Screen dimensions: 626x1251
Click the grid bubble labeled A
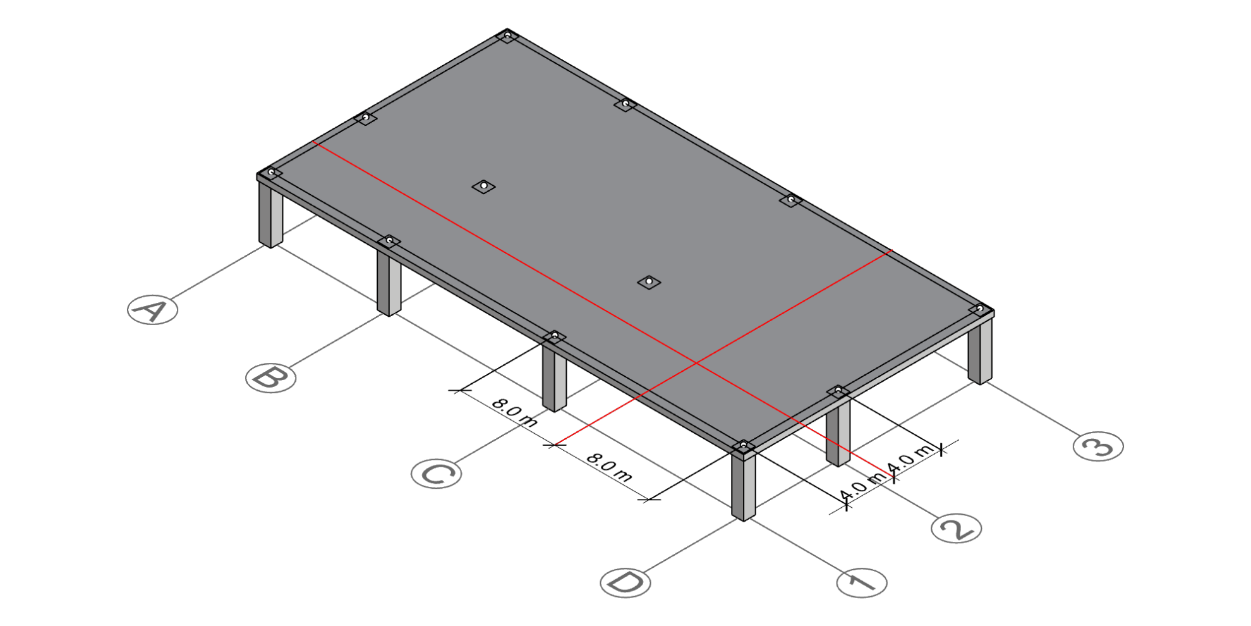153,310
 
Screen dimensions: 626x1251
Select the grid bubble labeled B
271,378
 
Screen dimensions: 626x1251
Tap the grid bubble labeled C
437,474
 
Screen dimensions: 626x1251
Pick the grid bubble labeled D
625,582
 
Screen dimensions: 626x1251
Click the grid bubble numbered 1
862,582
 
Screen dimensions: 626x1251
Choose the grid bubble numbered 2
957,528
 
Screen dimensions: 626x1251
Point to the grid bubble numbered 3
1098,446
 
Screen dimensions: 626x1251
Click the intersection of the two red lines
696,363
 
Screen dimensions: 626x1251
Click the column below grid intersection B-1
389,282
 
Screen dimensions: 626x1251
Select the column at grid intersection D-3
980,350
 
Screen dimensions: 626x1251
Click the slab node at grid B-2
484,186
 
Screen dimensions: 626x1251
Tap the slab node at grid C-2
649,281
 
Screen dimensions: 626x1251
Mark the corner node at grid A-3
507,36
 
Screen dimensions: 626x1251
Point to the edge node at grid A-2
365,118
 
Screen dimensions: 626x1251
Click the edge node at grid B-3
625,104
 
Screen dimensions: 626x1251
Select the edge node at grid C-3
790,200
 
